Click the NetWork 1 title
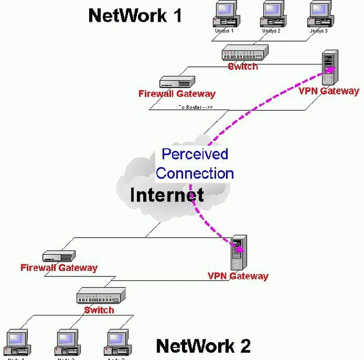[x=135, y=15]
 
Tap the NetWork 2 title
[x=203, y=346]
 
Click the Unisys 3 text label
[x=318, y=31]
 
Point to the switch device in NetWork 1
[x=243, y=54]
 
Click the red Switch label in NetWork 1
[x=243, y=66]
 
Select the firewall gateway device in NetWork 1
[x=176, y=82]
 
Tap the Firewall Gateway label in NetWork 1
[x=176, y=94]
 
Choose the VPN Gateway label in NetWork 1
[x=329, y=91]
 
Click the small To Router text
[x=195, y=107]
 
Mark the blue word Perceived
[x=195, y=154]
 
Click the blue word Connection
[x=195, y=173]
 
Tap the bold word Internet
[x=167, y=195]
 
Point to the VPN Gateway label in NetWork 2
[x=238, y=276]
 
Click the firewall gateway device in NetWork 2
[x=59, y=255]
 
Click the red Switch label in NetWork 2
[x=99, y=310]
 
